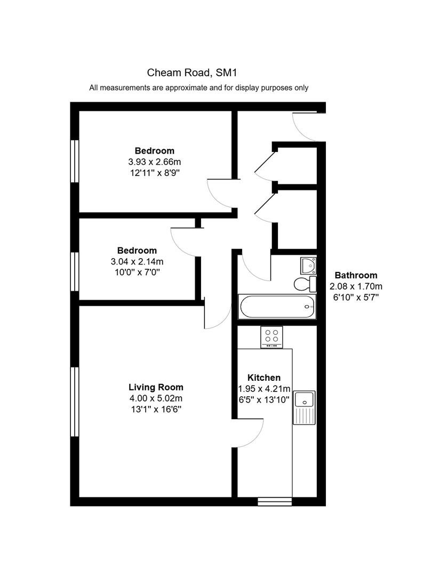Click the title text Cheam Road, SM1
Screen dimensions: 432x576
(192, 73)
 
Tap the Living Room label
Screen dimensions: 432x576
(156, 387)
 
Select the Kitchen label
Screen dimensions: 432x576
(264, 378)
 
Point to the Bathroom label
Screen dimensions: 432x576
(356, 275)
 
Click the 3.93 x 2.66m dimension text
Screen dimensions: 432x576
(154, 162)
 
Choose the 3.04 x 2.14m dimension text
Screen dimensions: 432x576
(137, 261)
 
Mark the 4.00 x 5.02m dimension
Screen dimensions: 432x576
(156, 398)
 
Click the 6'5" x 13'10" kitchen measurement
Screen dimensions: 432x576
(264, 399)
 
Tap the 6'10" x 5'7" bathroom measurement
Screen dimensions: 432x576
(356, 297)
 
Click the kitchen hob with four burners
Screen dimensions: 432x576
(271, 337)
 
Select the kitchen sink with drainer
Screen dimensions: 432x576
(304, 408)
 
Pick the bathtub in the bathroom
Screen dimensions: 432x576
(277, 306)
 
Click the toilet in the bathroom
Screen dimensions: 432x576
(305, 284)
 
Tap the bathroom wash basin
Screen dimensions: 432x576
(308, 266)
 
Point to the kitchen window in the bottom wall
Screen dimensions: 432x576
(275, 501)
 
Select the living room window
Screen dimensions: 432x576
(75, 402)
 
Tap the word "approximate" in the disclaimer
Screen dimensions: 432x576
(187, 88)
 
